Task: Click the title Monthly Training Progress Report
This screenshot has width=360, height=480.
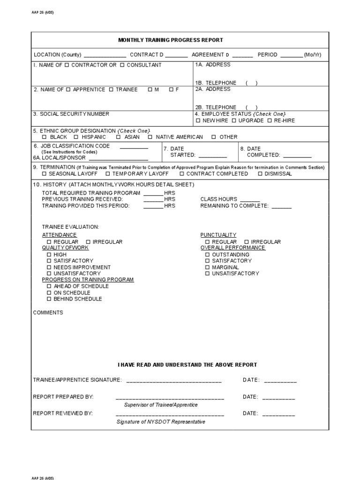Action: (171, 40)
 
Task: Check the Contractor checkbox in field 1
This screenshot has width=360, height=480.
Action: (67, 65)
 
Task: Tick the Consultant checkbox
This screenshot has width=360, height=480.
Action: (122, 65)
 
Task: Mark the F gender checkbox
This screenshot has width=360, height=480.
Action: (171, 90)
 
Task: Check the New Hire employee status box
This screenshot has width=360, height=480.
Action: (198, 121)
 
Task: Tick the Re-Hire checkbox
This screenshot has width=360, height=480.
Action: (270, 121)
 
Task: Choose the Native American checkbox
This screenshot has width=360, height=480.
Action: (150, 137)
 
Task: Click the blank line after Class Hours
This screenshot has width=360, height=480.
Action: (249, 200)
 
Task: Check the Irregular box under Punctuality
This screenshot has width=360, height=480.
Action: (247, 242)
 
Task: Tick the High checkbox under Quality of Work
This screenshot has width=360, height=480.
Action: (49, 255)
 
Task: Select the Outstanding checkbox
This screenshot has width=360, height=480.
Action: (207, 255)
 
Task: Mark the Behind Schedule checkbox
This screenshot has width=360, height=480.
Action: (49, 299)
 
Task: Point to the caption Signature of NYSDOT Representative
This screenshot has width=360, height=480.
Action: (161, 422)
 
